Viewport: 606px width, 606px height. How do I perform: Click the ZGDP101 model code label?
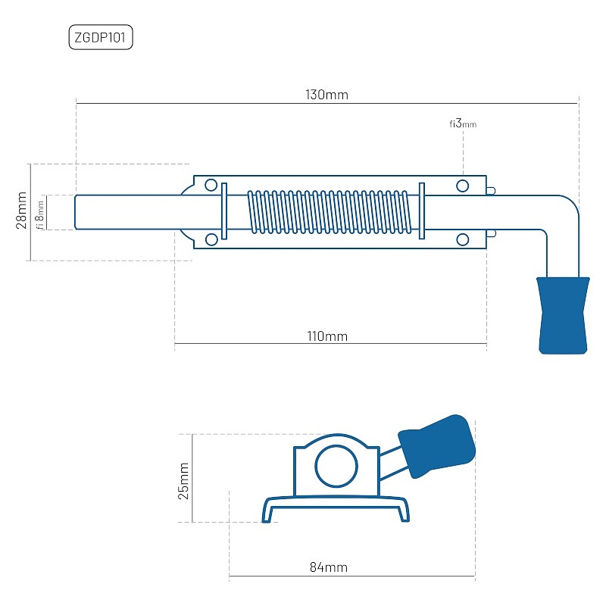[101, 38]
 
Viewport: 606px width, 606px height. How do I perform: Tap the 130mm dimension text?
[326, 95]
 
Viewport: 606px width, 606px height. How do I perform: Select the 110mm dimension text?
[327, 336]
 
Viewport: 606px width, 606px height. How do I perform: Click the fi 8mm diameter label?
[41, 212]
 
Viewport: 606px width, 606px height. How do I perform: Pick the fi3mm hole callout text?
[462, 123]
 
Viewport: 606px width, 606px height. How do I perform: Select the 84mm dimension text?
[329, 567]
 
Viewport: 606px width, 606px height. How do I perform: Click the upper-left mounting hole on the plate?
[211, 186]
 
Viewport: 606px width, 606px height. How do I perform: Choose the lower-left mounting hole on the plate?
[211, 240]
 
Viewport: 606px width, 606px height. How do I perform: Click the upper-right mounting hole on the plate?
[462, 186]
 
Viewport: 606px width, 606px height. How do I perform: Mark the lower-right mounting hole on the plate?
[462, 240]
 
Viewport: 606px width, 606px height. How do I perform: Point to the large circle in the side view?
[336, 465]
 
